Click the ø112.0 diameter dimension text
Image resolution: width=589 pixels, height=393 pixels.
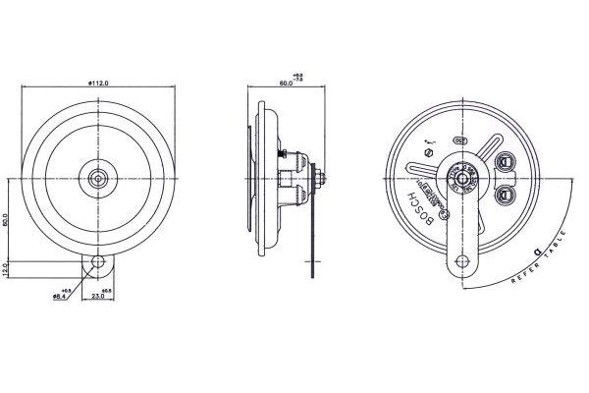pos(97,84)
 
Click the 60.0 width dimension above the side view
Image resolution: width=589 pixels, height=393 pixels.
pos(286,84)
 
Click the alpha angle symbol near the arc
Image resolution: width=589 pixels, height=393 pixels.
pos(535,252)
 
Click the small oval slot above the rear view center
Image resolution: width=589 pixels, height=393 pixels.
pos(459,140)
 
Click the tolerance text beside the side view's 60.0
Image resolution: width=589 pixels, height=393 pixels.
pos(298,77)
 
